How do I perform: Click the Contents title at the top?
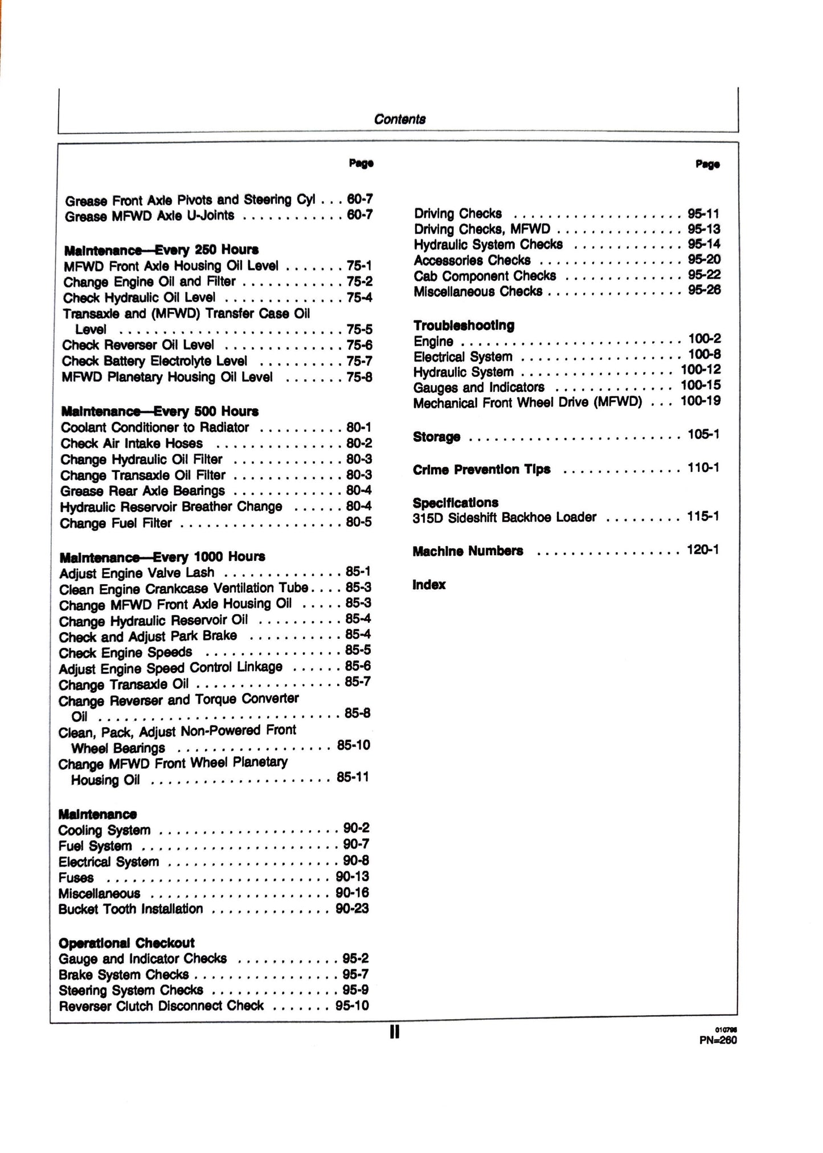[400, 119]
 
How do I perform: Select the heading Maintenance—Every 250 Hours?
[161, 250]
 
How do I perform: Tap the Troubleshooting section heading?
[464, 325]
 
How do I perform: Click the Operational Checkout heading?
[126, 943]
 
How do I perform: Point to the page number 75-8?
[359, 377]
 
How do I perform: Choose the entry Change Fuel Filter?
[116, 523]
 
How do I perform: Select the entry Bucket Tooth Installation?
[130, 909]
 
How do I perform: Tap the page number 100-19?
[701, 401]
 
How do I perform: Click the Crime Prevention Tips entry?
[481, 469]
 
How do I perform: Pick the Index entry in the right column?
[429, 585]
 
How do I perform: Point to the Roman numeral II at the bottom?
[395, 1032]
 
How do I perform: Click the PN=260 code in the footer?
[718, 1040]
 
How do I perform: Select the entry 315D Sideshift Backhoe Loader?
[505, 518]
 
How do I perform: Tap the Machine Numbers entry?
[468, 551]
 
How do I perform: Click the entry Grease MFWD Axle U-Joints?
[150, 216]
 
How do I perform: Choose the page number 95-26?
[704, 290]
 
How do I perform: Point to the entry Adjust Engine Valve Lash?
[137, 573]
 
